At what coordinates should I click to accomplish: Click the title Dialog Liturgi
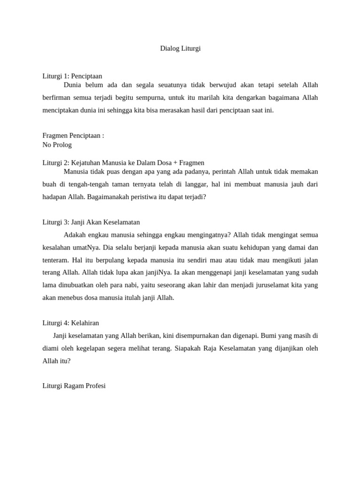pos(180,48)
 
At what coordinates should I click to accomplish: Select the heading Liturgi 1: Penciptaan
pos(72,76)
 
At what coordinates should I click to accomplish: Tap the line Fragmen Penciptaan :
pos(73,136)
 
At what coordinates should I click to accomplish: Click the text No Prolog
pos(57,145)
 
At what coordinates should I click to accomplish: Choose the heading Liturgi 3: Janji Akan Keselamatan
pos(91,222)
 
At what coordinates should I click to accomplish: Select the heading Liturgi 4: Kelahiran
pos(71,323)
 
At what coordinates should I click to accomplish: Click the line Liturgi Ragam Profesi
pos(74,386)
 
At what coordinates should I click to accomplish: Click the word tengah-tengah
pos(91,185)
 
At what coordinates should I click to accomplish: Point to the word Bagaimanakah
pos(109,197)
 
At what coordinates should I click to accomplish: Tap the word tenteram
pos(55,260)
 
